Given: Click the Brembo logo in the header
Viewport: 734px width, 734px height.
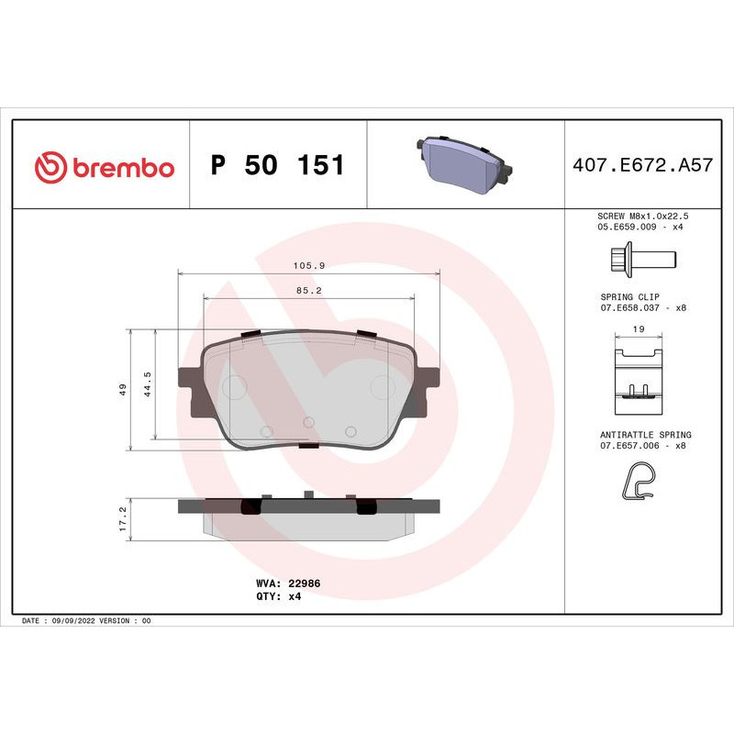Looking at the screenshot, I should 104,167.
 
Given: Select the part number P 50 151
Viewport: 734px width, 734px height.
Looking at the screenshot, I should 277,166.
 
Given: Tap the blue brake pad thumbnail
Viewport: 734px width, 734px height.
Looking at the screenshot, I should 465,166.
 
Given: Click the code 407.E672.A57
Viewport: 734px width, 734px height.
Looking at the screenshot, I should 642,166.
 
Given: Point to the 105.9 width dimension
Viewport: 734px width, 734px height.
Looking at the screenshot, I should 308,265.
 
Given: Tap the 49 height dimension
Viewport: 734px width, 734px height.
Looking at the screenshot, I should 122,389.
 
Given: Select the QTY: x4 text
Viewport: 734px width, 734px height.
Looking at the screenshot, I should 278,595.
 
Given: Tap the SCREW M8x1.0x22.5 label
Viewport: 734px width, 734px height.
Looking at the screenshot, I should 642,214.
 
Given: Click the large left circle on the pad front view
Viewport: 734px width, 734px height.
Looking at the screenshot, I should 236,387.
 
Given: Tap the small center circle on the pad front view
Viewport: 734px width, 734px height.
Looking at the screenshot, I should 308,422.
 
